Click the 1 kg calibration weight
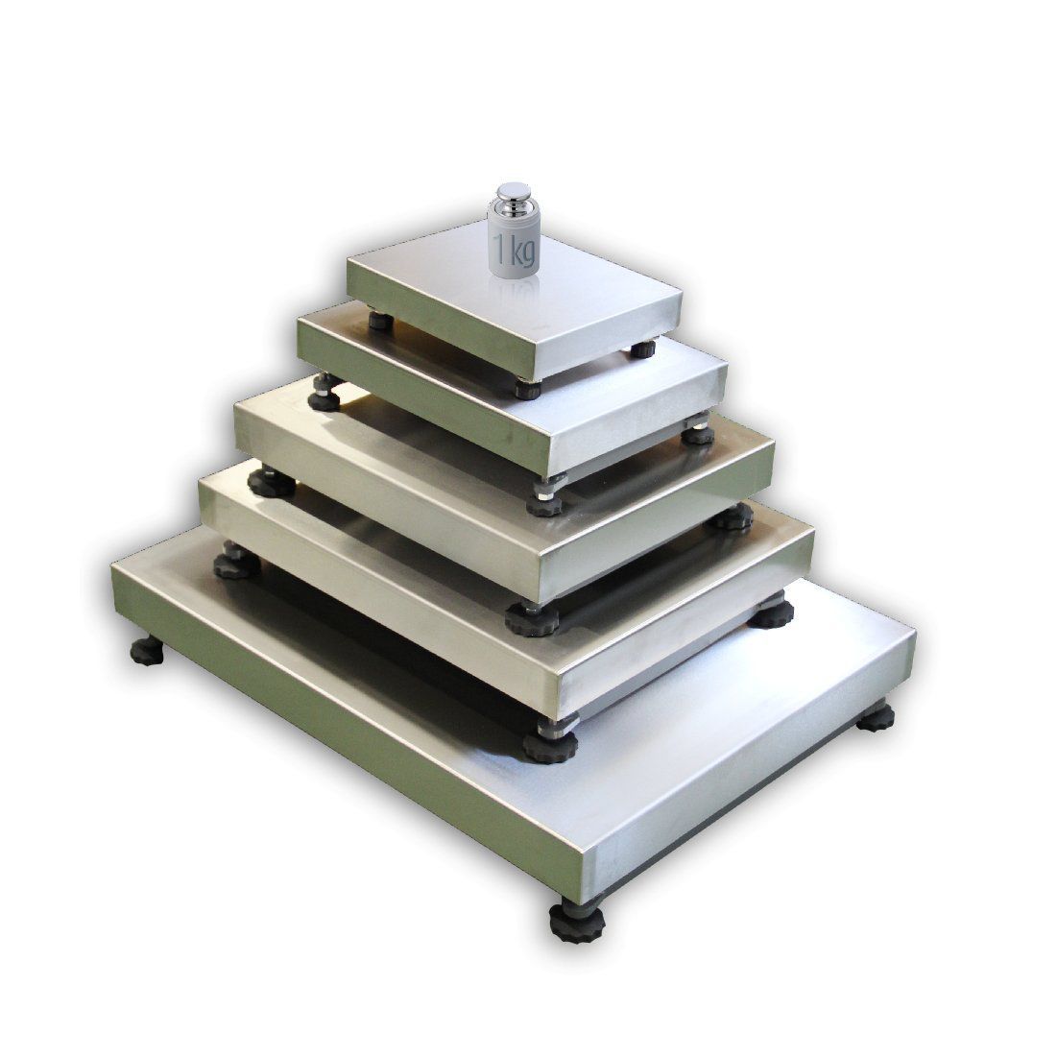pyautogui.click(x=515, y=235)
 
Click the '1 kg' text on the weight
pyautogui.click(x=515, y=252)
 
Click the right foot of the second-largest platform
pyautogui.click(x=770, y=613)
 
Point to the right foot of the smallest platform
pyautogui.click(x=640, y=350)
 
